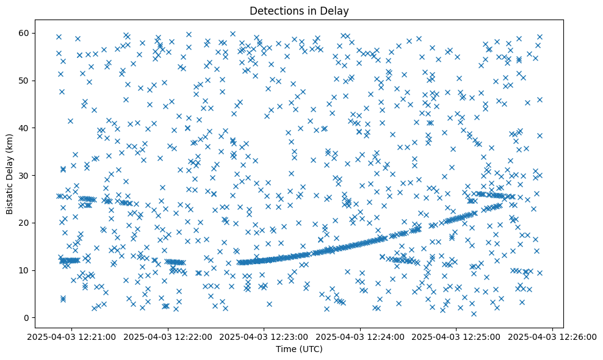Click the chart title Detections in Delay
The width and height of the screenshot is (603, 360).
(x=300, y=10)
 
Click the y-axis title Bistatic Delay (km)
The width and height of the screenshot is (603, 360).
(x=10, y=173)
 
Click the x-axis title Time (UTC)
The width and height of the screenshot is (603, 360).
(x=300, y=350)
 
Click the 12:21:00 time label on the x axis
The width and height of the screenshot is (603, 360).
(x=71, y=336)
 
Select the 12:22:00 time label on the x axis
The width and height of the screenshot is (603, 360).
(x=168, y=336)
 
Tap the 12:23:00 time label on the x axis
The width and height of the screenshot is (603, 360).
(x=264, y=336)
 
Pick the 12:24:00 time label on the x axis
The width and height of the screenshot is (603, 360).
(x=360, y=336)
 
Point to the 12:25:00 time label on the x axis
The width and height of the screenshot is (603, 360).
(x=457, y=336)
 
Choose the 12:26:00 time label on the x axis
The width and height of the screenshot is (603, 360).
(x=553, y=336)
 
